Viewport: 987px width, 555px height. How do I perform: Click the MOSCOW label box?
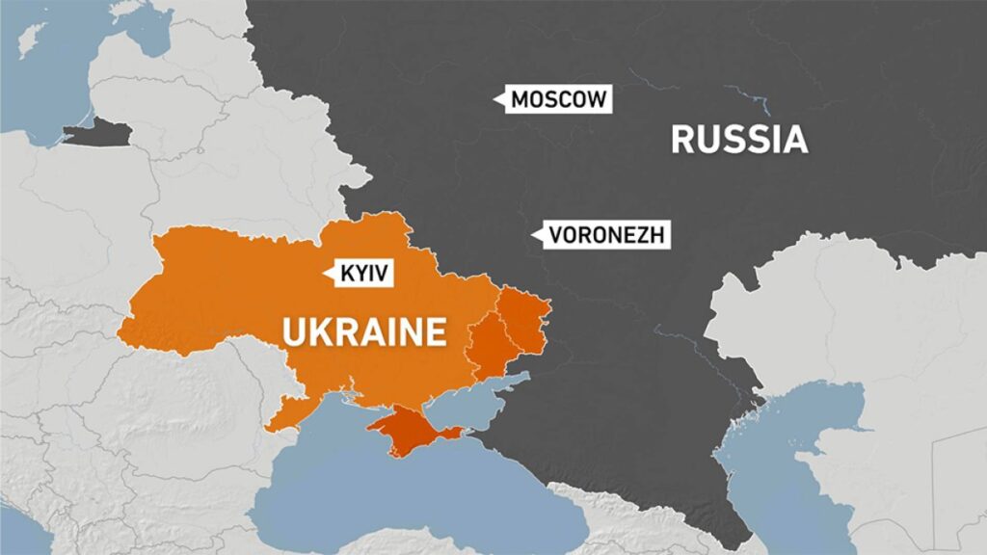click(557, 99)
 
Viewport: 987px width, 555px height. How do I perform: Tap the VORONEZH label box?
click(604, 234)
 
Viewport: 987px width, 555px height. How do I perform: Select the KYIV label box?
click(361, 274)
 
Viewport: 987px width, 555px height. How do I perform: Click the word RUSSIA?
click(738, 139)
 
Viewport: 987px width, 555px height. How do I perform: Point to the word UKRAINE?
click(364, 332)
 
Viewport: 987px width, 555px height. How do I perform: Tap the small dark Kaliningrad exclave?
click(96, 134)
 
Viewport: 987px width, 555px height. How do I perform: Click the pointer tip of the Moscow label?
click(493, 99)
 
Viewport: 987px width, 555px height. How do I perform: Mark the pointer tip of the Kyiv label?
click(325, 274)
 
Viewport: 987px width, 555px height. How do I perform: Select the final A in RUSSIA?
click(793, 139)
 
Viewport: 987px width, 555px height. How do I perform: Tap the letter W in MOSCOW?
click(598, 99)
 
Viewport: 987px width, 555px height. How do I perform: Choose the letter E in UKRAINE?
click(436, 332)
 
